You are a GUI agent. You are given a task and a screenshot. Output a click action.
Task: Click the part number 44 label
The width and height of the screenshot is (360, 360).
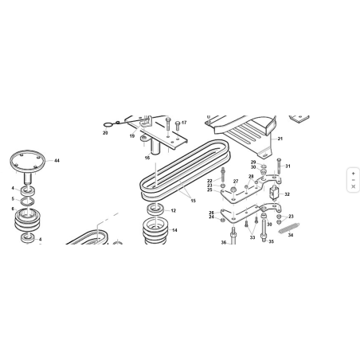57,161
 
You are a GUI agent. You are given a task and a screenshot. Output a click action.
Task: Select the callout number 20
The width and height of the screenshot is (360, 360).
105,133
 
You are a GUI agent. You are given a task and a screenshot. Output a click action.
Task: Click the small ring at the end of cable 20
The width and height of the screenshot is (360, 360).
108,124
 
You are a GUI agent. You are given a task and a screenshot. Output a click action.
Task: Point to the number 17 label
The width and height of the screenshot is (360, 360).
184,123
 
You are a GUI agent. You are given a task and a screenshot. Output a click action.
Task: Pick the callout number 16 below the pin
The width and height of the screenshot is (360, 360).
147,158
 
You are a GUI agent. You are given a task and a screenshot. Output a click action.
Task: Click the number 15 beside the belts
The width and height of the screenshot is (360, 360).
194,201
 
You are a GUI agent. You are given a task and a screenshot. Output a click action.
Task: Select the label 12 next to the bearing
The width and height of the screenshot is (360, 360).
174,211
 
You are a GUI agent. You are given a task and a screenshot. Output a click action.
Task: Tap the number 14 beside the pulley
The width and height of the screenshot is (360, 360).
174,230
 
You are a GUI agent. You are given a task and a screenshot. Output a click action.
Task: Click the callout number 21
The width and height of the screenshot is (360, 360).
280,139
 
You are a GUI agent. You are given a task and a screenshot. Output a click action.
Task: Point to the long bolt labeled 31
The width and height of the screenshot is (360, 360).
279,166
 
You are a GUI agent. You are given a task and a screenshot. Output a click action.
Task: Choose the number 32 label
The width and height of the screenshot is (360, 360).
288,194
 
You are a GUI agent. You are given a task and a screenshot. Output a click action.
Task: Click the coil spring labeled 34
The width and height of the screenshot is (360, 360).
289,228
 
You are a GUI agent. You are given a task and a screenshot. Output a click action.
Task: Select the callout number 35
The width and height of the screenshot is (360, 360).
271,241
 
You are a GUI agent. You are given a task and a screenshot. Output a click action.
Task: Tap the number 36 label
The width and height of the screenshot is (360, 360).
224,242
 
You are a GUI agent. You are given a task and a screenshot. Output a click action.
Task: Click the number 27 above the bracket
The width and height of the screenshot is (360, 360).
236,182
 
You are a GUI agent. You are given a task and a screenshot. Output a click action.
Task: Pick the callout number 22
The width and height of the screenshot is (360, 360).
209,181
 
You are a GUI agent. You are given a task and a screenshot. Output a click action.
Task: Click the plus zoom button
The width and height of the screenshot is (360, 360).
353,174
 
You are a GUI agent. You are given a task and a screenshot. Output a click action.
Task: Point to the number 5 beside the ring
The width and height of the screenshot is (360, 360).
13,198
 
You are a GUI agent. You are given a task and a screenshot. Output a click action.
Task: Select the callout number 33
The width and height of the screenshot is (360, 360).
252,237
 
